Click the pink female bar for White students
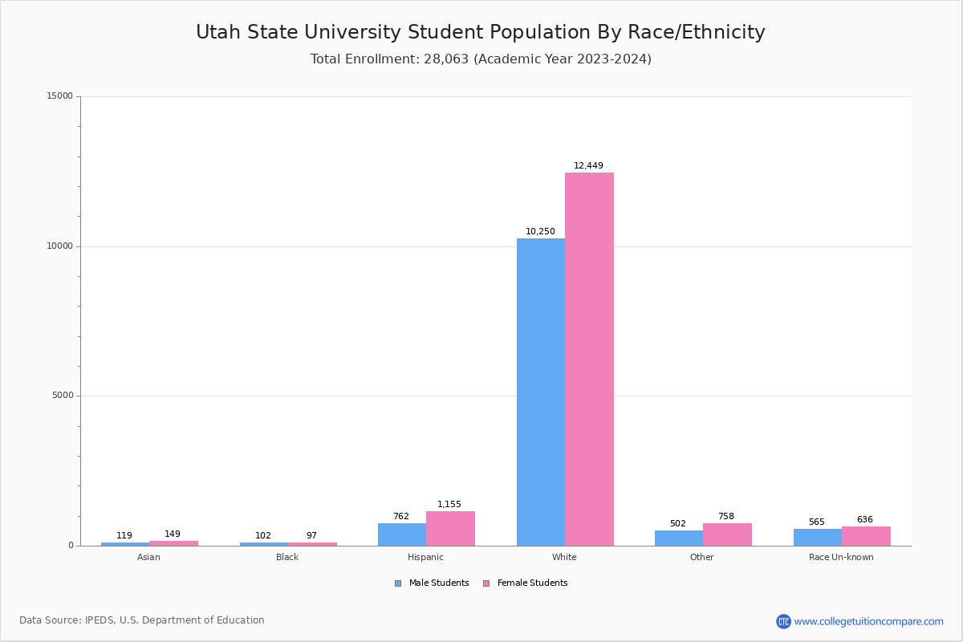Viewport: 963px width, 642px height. click(x=589, y=359)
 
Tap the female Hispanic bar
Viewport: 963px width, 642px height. click(x=450, y=528)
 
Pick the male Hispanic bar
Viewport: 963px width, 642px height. click(x=402, y=534)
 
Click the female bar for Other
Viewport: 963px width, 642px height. click(x=727, y=534)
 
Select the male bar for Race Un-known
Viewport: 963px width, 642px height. click(x=818, y=537)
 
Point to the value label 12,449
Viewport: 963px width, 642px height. click(x=588, y=166)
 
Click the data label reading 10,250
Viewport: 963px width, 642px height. click(x=540, y=232)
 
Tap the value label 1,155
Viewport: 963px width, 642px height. click(x=449, y=505)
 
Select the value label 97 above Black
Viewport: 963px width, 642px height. click(x=311, y=536)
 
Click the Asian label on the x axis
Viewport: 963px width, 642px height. click(x=148, y=557)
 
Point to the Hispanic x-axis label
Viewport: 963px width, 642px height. click(x=425, y=557)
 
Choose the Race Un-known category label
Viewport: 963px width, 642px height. click(x=841, y=557)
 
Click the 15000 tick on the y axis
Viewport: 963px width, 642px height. click(x=60, y=96)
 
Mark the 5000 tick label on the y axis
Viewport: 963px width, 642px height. click(x=63, y=396)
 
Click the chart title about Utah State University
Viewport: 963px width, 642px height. click(x=481, y=33)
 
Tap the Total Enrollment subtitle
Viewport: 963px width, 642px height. click(x=481, y=59)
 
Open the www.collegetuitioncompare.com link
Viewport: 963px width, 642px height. click(x=868, y=622)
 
